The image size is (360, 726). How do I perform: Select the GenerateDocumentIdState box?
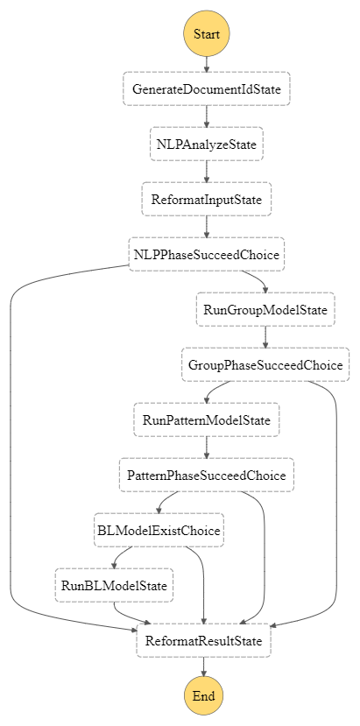point(206,89)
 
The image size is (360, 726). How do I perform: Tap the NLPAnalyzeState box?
point(206,144)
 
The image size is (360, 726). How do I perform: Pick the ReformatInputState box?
point(206,200)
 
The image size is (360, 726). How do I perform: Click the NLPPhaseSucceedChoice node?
point(206,255)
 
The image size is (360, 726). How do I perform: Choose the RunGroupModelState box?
point(265,310)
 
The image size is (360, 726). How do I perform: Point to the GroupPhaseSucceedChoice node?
point(265,364)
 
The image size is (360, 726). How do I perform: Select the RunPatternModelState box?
point(206,419)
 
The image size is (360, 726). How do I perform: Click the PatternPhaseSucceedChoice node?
point(206,475)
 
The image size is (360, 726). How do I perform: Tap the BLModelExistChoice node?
point(159,530)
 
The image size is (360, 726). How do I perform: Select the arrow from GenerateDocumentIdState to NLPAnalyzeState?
point(206,117)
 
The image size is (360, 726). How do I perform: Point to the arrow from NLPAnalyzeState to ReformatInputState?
point(206,173)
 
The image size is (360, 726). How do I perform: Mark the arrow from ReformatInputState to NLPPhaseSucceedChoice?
point(206,228)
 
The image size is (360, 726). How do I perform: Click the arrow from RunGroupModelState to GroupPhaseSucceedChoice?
point(265,337)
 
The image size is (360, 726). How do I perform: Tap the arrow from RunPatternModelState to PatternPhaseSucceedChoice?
point(206,448)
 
